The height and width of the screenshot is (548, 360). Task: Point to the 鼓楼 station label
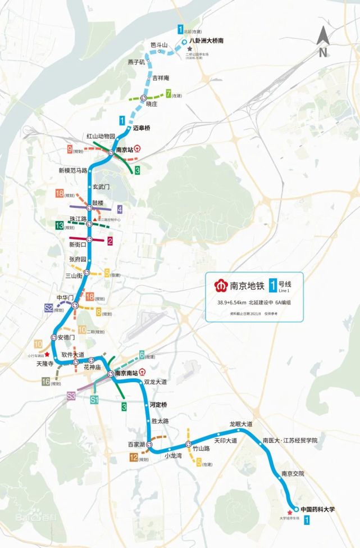coord(98,202)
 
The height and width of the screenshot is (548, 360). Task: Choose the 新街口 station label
coord(78,244)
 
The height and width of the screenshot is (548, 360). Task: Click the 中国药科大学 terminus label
coord(317,509)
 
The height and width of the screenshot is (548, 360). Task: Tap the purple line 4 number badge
coord(120,209)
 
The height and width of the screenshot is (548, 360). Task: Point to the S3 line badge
coord(71,396)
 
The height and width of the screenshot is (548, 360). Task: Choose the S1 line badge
coord(95,399)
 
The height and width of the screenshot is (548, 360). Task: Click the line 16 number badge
coord(46,382)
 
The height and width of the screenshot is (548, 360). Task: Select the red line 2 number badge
coord(111,241)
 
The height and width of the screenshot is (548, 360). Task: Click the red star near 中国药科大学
coord(290,512)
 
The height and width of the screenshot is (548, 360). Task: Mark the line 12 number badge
coord(134,458)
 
